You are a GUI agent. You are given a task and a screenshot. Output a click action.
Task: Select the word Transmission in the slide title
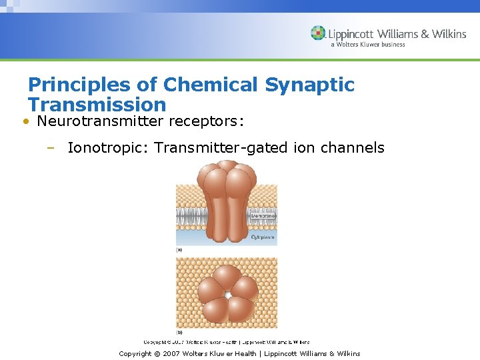coord(97,105)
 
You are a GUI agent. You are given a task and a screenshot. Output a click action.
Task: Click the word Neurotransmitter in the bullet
coord(101,122)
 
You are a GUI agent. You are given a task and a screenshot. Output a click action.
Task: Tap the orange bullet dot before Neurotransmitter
coord(24,122)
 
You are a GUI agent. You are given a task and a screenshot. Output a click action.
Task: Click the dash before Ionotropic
coord(50,148)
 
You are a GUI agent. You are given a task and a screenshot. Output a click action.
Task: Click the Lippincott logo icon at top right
coord(319,33)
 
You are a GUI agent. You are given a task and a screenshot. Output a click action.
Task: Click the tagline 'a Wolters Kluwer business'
coord(367,45)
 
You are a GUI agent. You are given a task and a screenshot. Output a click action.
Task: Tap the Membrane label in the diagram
coord(261,217)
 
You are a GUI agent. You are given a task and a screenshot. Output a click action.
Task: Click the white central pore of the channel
coord(227,294)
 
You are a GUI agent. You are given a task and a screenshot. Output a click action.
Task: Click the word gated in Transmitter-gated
coord(268,148)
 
